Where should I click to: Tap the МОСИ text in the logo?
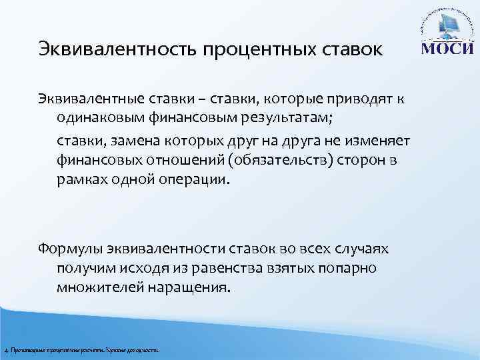448,51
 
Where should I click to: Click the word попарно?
348,268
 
